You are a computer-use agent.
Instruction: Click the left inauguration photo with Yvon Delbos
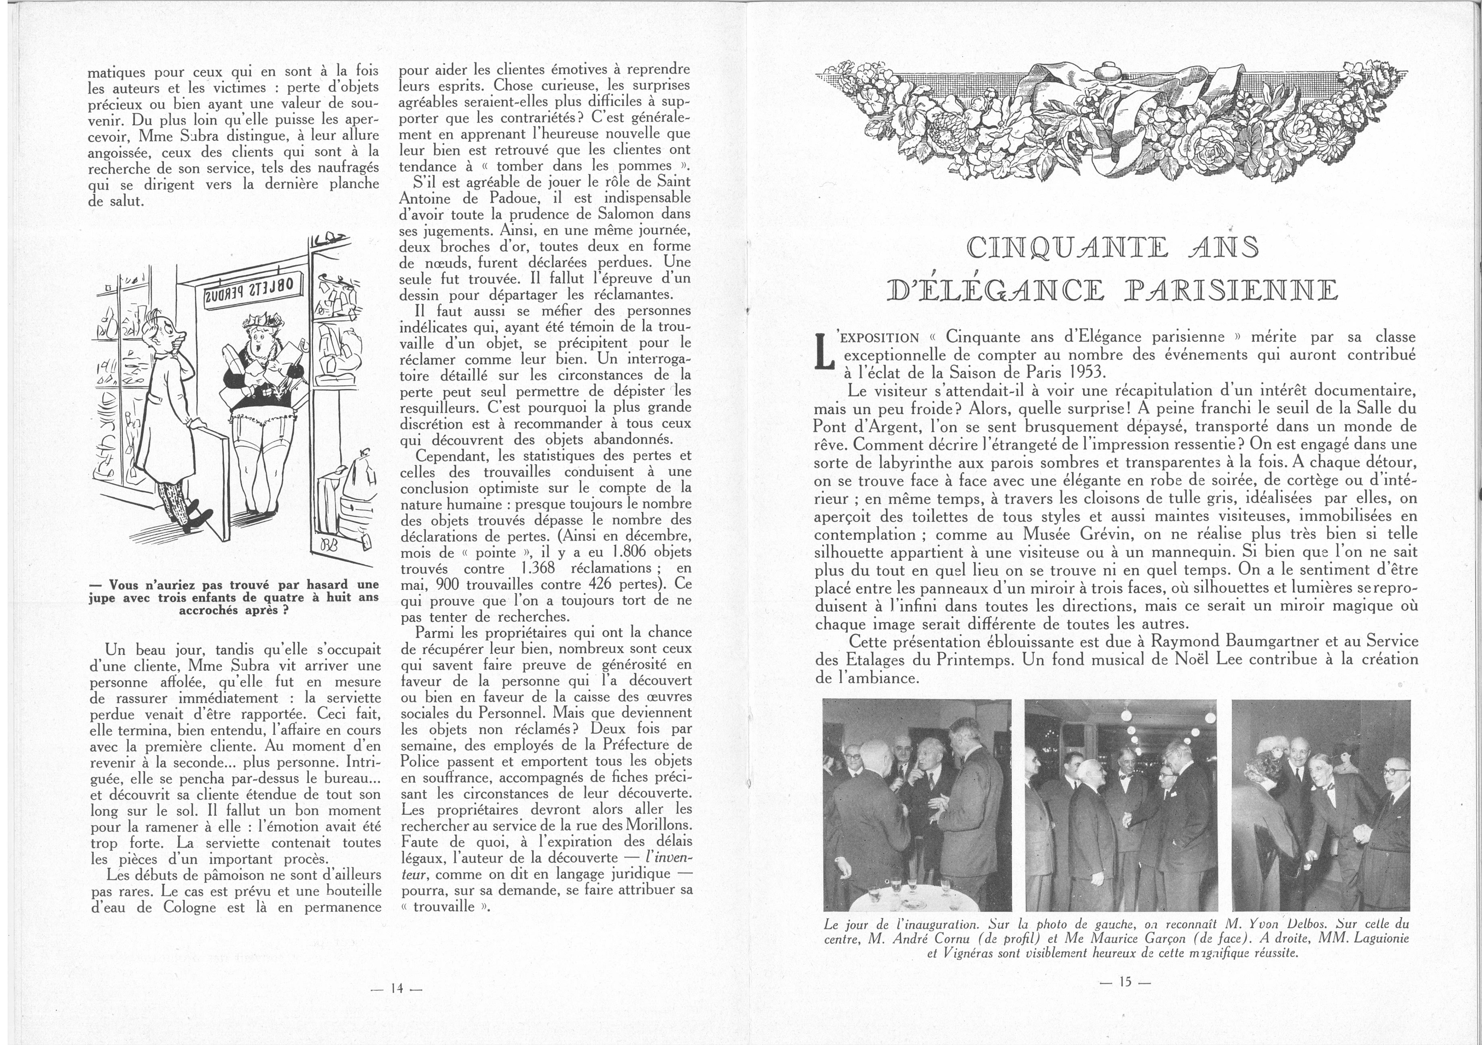917,805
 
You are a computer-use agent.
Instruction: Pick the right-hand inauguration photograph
1320,805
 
